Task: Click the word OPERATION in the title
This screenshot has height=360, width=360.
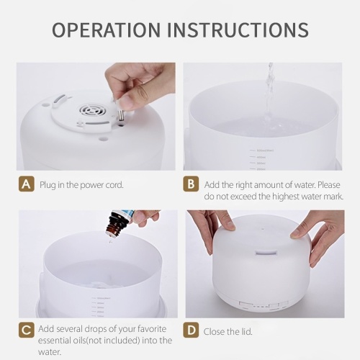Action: [106, 30]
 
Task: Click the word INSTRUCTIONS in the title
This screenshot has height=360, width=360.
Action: [238, 30]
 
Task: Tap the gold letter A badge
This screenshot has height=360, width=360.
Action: [27, 184]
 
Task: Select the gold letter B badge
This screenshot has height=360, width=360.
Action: [191, 184]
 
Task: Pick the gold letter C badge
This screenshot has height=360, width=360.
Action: [27, 330]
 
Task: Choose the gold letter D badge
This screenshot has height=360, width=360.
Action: [191, 330]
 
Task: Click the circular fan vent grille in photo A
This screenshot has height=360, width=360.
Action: [89, 111]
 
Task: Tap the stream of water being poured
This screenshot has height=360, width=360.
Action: [269, 96]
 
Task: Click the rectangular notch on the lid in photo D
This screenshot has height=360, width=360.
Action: [266, 253]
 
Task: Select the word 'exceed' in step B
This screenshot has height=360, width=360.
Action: [244, 197]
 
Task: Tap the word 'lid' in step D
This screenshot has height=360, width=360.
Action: [246, 332]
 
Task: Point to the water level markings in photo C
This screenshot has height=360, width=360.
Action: [100, 307]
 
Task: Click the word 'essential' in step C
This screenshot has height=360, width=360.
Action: [54, 341]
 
